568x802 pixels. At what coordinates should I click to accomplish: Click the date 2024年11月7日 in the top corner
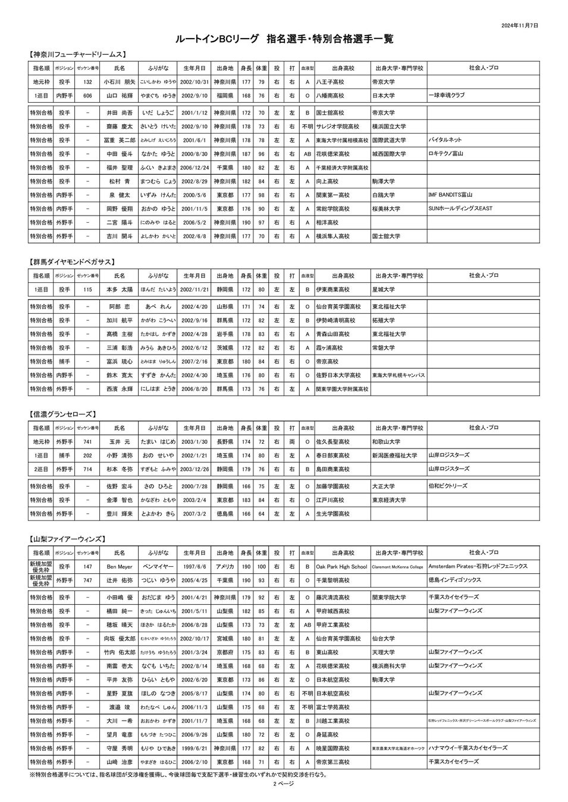(520, 26)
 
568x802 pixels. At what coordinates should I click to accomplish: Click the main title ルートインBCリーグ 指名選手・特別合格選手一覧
(284, 39)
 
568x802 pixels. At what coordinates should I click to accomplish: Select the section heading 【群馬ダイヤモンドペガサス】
(72, 261)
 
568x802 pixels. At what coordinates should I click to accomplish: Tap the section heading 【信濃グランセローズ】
(62, 414)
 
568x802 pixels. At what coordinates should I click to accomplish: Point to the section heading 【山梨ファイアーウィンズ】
(68, 539)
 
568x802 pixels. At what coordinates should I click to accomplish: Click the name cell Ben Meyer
(119, 567)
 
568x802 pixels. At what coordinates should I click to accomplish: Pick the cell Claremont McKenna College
(397, 567)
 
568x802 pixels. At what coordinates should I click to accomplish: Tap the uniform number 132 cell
(87, 82)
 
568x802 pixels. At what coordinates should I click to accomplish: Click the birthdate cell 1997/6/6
(194, 567)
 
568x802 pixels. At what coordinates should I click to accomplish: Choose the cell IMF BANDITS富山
(450, 195)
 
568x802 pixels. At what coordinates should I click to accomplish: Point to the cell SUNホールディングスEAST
(460, 209)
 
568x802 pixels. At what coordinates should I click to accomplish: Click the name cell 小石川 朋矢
(119, 82)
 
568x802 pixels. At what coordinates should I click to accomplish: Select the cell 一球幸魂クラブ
(446, 95)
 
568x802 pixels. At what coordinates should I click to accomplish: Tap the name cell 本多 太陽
(119, 290)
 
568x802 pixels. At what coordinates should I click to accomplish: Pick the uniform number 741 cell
(87, 442)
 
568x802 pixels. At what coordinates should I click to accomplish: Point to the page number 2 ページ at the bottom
(284, 784)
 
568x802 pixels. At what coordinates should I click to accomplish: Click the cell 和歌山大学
(386, 442)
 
